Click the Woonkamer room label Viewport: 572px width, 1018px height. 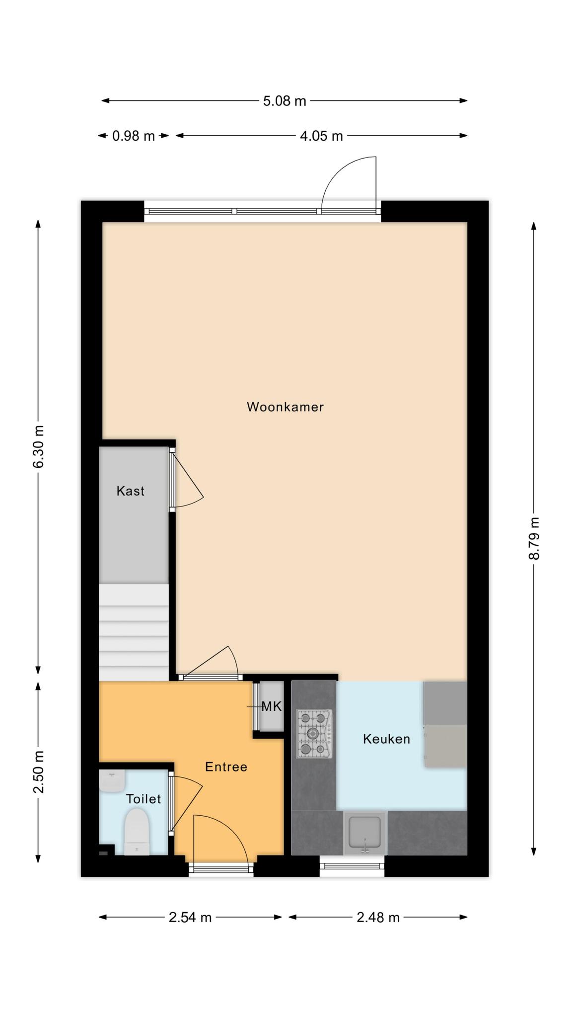pos(285,407)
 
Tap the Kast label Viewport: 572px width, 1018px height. pos(131,491)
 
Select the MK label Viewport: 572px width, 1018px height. pos(272,706)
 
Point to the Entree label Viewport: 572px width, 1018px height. pos(226,767)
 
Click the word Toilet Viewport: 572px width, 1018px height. pos(143,799)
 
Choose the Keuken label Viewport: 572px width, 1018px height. pos(386,739)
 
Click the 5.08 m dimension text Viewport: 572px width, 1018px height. pos(285,101)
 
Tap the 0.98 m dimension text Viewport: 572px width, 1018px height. pos(134,136)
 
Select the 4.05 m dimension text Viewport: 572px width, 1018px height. pos(321,136)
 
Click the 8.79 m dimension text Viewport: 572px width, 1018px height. pos(534,538)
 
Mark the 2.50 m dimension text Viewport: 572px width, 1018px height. pos(38,772)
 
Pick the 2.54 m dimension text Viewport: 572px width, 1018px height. pos(190,918)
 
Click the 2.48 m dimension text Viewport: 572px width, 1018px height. pos(378,918)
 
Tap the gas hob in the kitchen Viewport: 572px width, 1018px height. pos(314,734)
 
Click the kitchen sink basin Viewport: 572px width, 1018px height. pos(365,833)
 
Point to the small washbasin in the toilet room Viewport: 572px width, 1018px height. pos(112,781)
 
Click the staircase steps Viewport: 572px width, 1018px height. pos(134,632)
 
